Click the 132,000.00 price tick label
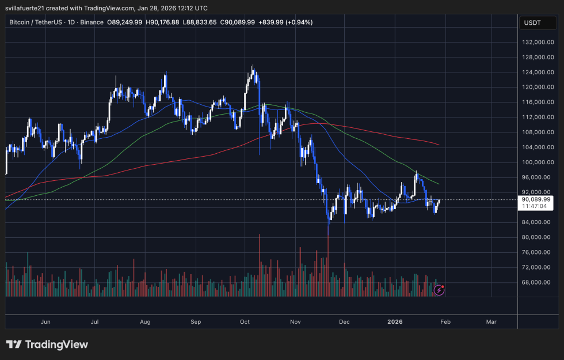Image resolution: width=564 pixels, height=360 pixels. click(x=538, y=43)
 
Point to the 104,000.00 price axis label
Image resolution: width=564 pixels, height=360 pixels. click(x=538, y=147)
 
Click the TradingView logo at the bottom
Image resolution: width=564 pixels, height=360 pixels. click(x=47, y=344)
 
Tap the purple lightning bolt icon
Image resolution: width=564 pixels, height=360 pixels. click(x=439, y=290)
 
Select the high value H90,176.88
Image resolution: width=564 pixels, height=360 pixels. click(x=163, y=22)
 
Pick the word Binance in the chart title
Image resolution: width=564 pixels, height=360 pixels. click(x=92, y=22)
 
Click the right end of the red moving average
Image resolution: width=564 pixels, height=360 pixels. click(x=439, y=145)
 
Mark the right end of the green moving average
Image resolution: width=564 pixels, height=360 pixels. click(x=439, y=184)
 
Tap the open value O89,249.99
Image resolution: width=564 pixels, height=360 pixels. click(x=126, y=22)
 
